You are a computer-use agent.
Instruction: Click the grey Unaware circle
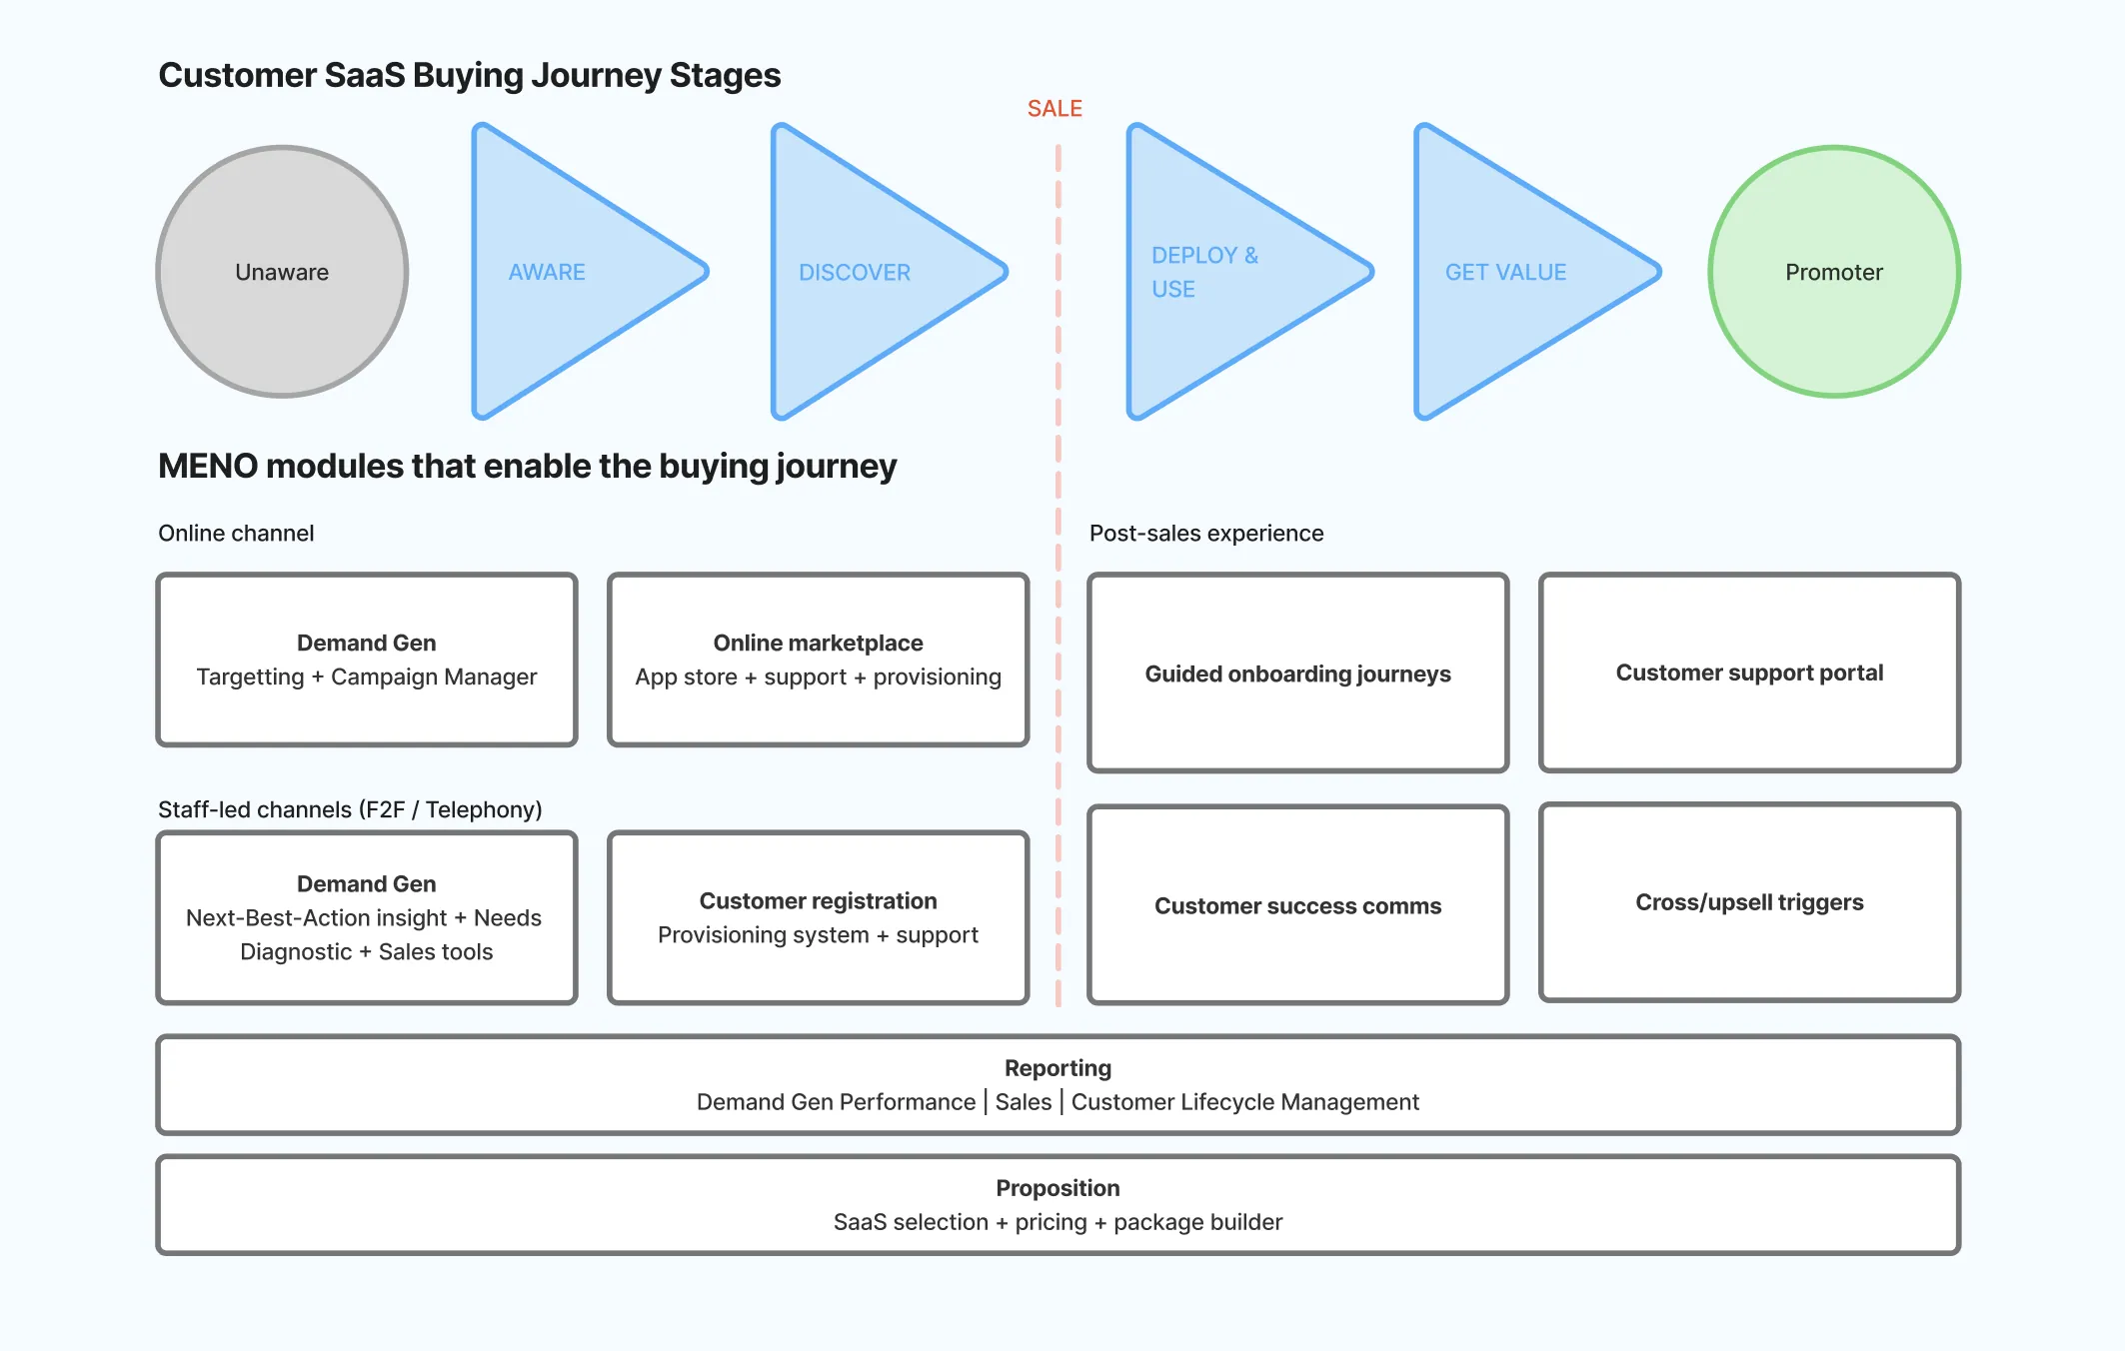[x=282, y=272]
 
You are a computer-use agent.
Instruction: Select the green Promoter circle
[x=1833, y=272]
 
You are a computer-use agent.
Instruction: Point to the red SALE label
[x=1055, y=108]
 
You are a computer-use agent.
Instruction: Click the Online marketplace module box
[x=818, y=660]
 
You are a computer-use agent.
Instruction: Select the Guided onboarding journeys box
[x=1297, y=673]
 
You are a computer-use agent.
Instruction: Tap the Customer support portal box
[x=1749, y=673]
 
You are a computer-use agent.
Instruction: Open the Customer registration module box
[x=818, y=917]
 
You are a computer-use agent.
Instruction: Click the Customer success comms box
[x=1297, y=905]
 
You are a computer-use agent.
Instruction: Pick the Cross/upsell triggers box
[x=1749, y=902]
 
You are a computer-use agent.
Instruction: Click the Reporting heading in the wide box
[x=1058, y=1068]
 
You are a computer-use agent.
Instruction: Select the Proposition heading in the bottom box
[x=1058, y=1188]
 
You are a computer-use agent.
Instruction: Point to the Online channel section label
[x=236, y=533]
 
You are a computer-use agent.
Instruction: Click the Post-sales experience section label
[x=1205, y=533]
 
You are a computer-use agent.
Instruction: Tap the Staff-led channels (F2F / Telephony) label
[x=350, y=809]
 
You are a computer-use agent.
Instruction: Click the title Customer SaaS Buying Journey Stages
[x=470, y=75]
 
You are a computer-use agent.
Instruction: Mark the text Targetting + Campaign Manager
[x=367, y=676]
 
